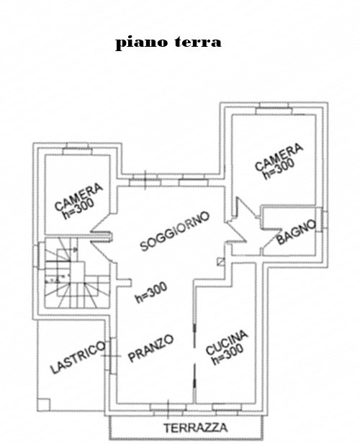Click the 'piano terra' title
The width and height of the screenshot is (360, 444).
(168, 42)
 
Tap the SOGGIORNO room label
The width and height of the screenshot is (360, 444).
(175, 231)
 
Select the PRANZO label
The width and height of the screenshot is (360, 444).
(150, 348)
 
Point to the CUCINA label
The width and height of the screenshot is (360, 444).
(227, 343)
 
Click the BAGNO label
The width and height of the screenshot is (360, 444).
(296, 232)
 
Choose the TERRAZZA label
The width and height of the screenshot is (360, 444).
(196, 427)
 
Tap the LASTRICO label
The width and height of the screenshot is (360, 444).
(78, 358)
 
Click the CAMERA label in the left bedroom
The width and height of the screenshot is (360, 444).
(78, 196)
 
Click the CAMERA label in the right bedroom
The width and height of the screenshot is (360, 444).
(279, 158)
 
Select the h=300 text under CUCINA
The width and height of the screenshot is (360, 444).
(228, 354)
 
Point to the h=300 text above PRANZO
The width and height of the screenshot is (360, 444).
(151, 293)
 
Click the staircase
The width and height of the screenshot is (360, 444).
(77, 273)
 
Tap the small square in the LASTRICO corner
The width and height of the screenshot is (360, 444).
(44, 404)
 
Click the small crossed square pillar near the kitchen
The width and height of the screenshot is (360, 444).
(221, 262)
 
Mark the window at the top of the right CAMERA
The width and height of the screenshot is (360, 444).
(274, 109)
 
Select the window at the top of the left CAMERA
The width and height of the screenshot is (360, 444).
(77, 149)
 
